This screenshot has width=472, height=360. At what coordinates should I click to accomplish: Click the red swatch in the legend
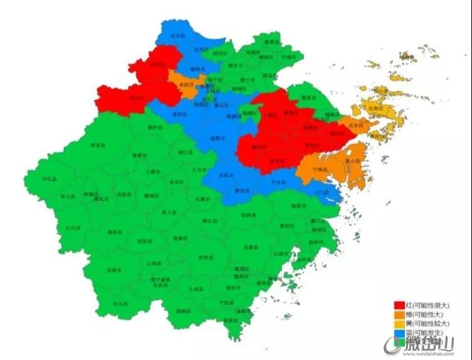(398, 305)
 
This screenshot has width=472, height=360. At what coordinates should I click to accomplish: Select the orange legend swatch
(398, 314)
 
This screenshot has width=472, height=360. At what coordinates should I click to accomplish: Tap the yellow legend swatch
(398, 323)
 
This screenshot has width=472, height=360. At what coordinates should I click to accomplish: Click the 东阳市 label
(226, 175)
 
